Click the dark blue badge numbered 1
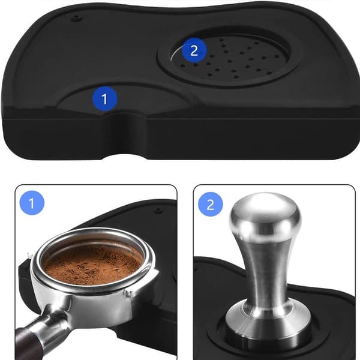pyautogui.click(x=104, y=99)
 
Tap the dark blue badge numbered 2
pyautogui.click(x=194, y=50)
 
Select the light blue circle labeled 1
pyautogui.click(x=32, y=203)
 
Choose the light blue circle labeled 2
pyautogui.click(x=211, y=205)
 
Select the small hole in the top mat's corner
pyautogui.click(x=76, y=17)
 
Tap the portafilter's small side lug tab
pyautogui.click(x=130, y=293)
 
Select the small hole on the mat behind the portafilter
pyautogui.click(x=158, y=210)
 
